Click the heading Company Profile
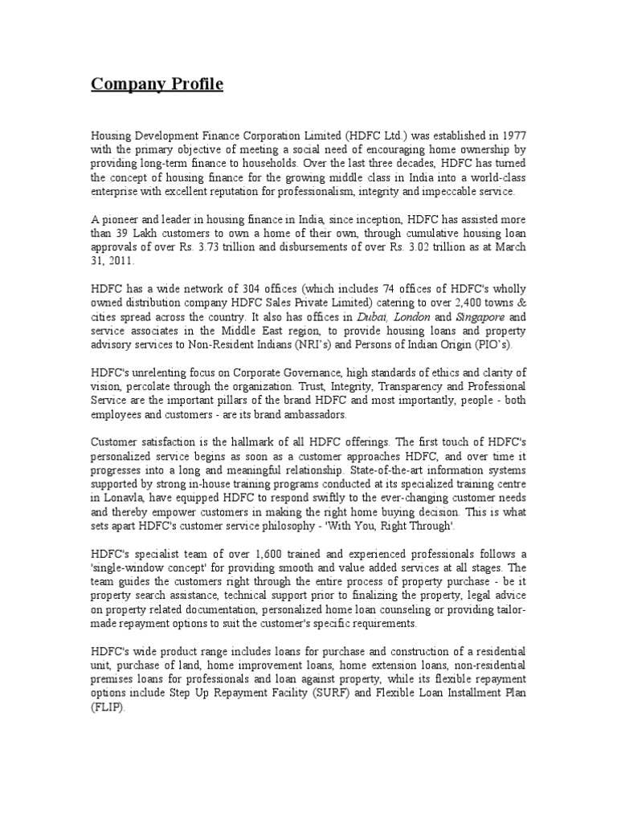(x=157, y=84)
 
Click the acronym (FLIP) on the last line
(x=108, y=707)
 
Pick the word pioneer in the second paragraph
(x=119, y=219)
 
